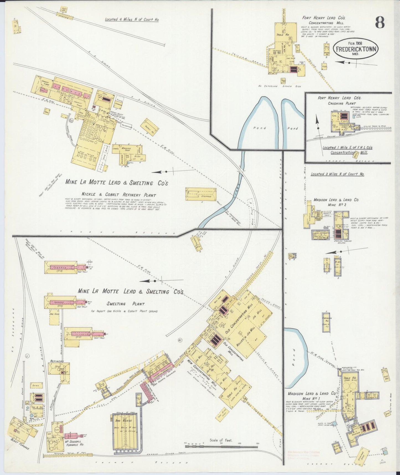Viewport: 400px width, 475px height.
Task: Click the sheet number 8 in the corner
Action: (380, 22)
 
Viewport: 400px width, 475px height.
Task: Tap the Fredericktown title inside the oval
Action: (356, 49)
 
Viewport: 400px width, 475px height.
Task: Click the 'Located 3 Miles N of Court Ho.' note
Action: (337, 174)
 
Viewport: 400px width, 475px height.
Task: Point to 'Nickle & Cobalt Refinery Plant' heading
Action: (118, 195)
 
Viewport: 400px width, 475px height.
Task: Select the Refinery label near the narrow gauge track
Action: (57, 361)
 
